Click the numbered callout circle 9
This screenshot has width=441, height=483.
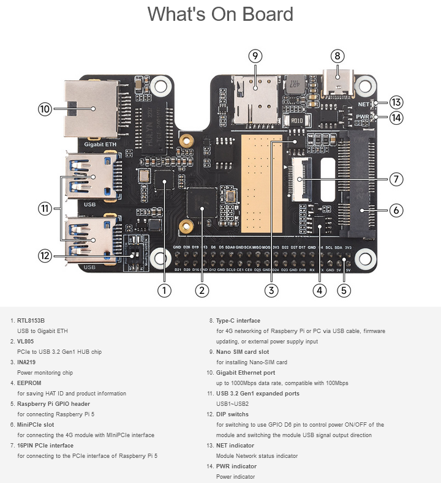(x=256, y=56)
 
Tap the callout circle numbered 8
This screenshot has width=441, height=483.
(x=336, y=56)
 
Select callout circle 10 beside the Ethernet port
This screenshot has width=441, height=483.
(x=44, y=109)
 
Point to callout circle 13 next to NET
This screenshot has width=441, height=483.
(x=396, y=102)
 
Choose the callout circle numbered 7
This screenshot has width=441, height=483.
(x=396, y=179)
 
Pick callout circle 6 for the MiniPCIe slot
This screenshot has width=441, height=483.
(x=396, y=210)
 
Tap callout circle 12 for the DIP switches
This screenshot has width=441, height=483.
(x=44, y=256)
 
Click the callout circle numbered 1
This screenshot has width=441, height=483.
(x=164, y=290)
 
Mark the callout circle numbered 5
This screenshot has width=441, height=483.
(x=345, y=290)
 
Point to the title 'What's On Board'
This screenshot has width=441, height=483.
(x=221, y=15)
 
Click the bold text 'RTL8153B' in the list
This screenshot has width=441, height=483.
(x=31, y=320)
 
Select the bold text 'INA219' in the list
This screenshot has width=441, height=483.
(x=27, y=362)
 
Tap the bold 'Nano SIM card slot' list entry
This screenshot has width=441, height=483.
(x=243, y=352)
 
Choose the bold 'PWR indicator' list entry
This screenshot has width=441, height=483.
(x=236, y=466)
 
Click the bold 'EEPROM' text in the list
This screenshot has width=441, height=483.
(x=29, y=383)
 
